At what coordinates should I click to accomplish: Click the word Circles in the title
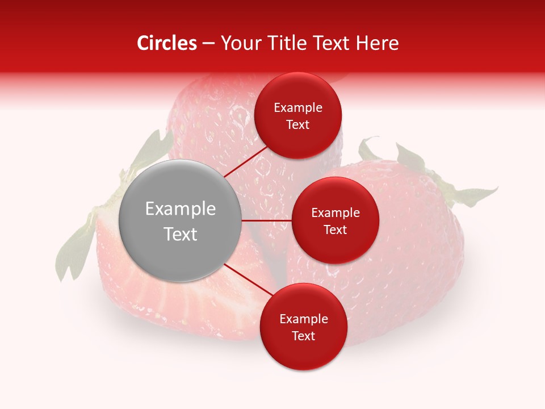click(166, 43)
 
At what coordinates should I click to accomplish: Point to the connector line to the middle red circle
click(267, 220)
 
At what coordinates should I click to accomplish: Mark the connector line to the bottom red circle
click(245, 279)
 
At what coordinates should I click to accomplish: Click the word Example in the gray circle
click(180, 209)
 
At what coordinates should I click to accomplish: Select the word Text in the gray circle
click(180, 234)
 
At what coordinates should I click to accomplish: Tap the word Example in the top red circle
click(297, 108)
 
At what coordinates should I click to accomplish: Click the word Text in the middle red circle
click(335, 230)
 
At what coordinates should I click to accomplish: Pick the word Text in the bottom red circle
click(303, 336)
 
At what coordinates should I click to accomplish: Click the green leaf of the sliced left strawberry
click(74, 250)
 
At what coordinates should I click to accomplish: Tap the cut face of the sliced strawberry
click(142, 295)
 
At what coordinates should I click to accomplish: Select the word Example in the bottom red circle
click(303, 319)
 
